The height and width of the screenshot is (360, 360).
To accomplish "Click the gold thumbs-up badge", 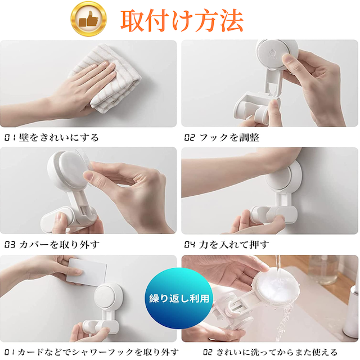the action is (88, 19).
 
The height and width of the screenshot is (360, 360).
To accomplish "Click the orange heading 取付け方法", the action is (182, 20).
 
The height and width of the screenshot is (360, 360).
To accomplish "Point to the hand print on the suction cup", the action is (272, 54).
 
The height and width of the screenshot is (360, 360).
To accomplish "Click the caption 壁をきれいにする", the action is (58, 137).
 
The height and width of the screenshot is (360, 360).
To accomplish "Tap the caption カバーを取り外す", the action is (60, 245).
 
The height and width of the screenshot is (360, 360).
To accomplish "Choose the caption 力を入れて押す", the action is (234, 245).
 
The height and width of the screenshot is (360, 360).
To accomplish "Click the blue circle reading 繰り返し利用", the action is (179, 299).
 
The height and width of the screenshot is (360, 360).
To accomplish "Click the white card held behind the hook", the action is (87, 272).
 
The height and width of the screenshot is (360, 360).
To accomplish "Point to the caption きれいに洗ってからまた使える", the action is (277, 352).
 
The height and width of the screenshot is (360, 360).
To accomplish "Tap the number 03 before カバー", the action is (10, 245).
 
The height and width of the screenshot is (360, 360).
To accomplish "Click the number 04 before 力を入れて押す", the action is (190, 245).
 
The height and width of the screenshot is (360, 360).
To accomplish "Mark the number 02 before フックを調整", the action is (190, 137).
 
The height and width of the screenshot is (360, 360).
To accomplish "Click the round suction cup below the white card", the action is (108, 296).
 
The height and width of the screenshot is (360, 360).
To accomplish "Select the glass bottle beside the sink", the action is (323, 270).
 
